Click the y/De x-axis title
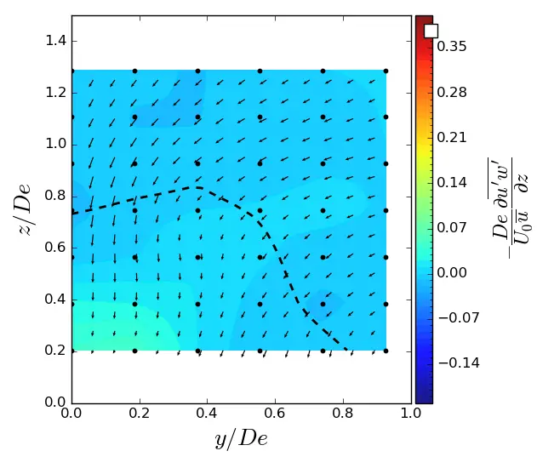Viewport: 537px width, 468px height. [x=241, y=439]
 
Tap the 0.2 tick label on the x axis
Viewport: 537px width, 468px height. [x=140, y=414]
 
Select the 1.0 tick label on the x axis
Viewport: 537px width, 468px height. [x=411, y=414]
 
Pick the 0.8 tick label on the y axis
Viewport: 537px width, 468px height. [x=56, y=196]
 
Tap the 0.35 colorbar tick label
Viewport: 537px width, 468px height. [x=451, y=47]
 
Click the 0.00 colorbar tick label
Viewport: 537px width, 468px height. [x=451, y=272]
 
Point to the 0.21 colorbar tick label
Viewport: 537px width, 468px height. [x=451, y=137]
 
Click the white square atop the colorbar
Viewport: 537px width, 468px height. [x=431, y=31]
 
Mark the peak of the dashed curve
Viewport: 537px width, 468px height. [x=197, y=187]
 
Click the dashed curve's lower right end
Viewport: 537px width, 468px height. [x=347, y=350]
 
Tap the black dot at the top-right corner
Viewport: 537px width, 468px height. [x=386, y=71]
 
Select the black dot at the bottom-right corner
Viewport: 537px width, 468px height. [x=386, y=351]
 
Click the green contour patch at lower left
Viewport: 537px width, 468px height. [x=111, y=328]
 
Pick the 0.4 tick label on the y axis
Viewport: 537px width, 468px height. [x=56, y=300]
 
